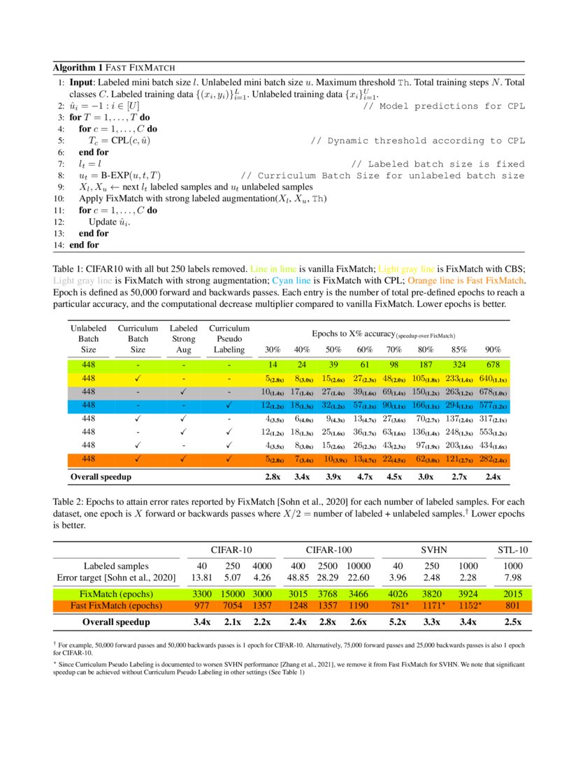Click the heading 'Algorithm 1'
[x=77, y=68]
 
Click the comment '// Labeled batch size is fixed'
[x=437, y=164]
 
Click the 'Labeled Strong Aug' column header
[x=183, y=338]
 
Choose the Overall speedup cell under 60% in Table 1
[x=365, y=477]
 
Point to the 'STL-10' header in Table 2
[x=512, y=550]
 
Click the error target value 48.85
[x=299, y=577]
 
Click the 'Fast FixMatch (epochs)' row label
[x=116, y=605]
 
